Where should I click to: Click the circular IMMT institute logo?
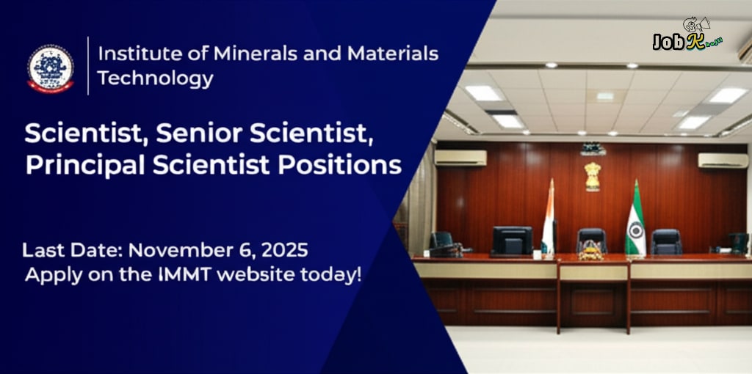pos(51,67)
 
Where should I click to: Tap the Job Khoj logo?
pos(687,37)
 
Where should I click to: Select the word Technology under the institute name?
pos(156,78)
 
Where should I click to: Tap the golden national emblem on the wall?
pos(592,176)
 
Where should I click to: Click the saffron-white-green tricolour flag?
pos(548,220)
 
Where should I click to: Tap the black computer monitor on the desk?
pos(512,240)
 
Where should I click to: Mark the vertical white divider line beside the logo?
pos(88,65)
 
